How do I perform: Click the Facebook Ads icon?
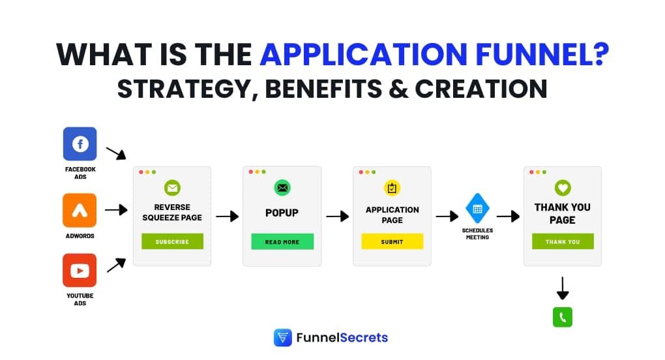coord(80,143)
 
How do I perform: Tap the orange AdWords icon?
coord(80,210)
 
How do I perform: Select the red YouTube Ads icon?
coord(80,270)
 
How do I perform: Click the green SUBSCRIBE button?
coord(172,241)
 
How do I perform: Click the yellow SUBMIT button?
coord(392,241)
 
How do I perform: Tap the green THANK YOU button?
coord(562,241)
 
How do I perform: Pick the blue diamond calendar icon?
coord(477,209)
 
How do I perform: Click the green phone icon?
coord(562,317)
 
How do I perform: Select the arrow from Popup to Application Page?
coord(337,217)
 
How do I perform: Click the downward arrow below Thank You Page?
coord(562,288)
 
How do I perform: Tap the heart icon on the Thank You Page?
coord(562,188)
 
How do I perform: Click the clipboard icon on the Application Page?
coord(392,188)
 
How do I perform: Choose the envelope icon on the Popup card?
coord(282,188)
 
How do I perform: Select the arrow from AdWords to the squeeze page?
coord(115,210)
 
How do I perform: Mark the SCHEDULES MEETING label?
coord(477,233)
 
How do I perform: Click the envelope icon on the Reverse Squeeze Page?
coord(172,188)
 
